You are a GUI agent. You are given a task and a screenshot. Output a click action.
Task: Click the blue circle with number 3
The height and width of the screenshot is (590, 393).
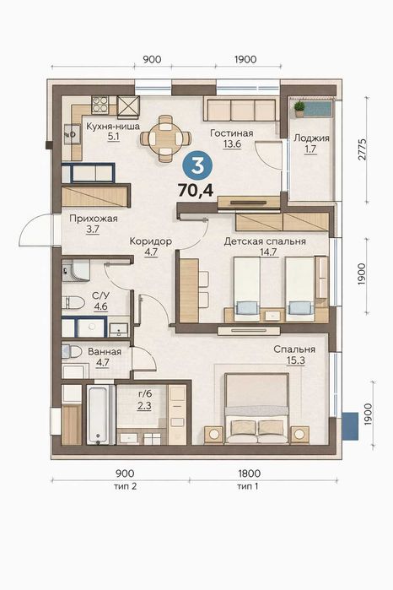click(x=197, y=166)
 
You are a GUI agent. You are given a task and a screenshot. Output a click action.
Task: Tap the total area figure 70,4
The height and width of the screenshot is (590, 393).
click(x=196, y=191)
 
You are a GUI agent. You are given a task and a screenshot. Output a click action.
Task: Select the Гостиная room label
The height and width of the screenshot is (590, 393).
click(x=232, y=133)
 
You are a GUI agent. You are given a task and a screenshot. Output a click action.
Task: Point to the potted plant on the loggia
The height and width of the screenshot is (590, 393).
click(x=299, y=109)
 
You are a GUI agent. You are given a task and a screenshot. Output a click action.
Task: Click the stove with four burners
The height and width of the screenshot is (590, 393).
click(x=100, y=105)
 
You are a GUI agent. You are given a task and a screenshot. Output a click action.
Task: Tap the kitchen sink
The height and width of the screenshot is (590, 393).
click(x=72, y=134)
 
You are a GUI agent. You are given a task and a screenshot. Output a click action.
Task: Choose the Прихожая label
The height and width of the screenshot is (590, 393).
click(x=94, y=219)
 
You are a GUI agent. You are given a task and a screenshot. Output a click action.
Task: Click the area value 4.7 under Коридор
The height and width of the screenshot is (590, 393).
click(x=151, y=252)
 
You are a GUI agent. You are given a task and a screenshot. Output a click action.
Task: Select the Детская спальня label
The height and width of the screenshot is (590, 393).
click(x=265, y=241)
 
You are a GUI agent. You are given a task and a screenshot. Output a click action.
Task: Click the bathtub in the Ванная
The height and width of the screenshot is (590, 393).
click(x=100, y=414)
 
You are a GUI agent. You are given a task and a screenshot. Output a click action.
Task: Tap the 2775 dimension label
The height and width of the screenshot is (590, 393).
click(x=362, y=149)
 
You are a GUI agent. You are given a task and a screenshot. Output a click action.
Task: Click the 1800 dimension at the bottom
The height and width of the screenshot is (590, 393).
click(x=249, y=473)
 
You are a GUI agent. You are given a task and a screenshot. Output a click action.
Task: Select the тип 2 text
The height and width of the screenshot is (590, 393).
click(x=125, y=486)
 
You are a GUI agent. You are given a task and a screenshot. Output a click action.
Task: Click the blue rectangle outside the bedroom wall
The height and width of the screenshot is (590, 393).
click(x=350, y=426)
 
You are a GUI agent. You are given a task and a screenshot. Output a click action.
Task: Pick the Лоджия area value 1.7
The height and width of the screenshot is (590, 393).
click(x=310, y=149)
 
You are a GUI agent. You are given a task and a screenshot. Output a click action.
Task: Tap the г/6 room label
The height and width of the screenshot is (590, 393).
click(x=145, y=394)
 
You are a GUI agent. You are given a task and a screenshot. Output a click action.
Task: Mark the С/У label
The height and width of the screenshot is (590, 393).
click(x=100, y=295)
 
